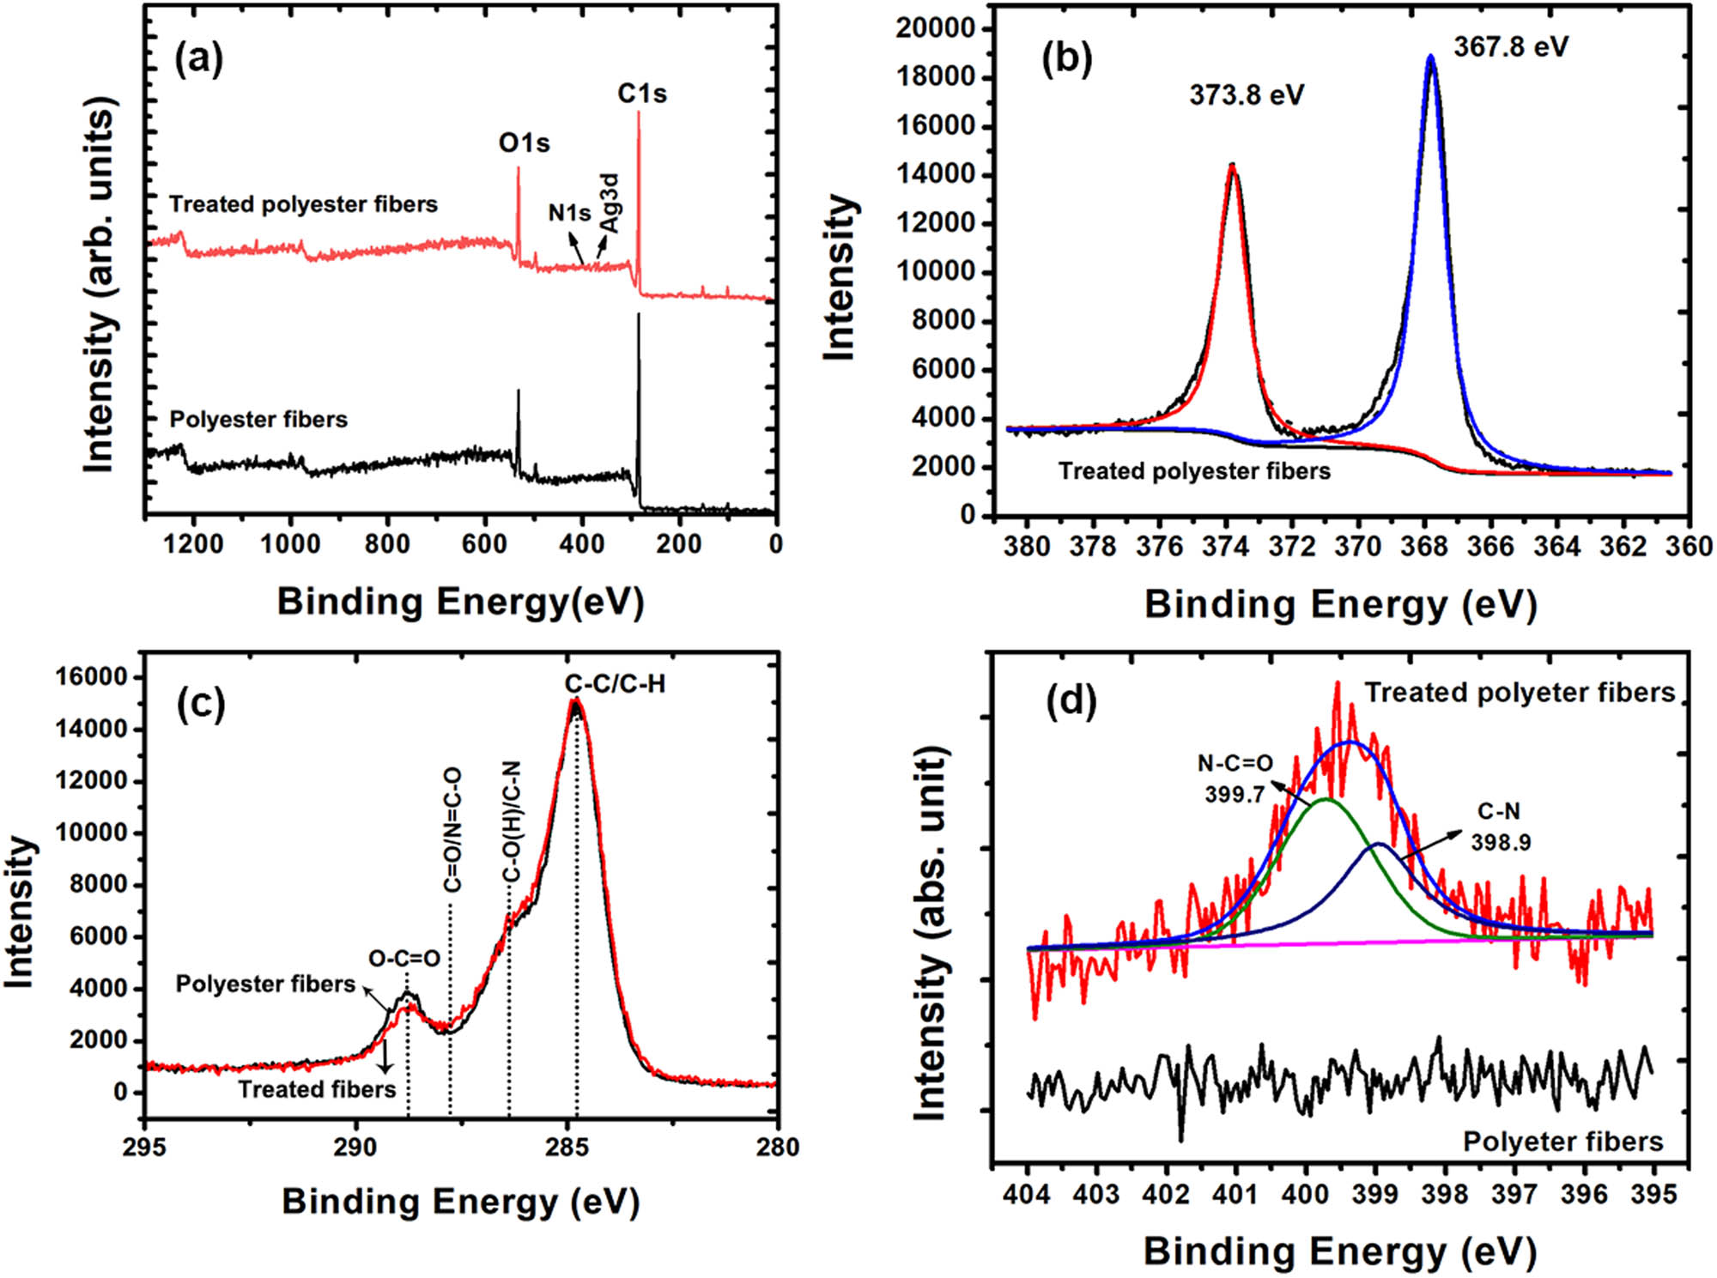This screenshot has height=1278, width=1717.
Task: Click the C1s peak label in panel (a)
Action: [x=642, y=94]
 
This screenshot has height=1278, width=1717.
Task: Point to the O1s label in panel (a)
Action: [x=524, y=142]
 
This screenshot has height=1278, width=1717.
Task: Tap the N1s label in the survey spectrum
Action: [x=569, y=212]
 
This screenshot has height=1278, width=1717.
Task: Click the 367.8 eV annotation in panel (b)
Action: [x=1511, y=46]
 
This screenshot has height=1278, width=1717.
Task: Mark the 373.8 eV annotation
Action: [x=1247, y=94]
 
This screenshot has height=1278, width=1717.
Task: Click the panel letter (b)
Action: [x=1066, y=59]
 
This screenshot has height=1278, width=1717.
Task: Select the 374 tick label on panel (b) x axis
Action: [x=1226, y=546]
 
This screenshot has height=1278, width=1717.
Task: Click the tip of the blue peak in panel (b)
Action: [x=1430, y=57]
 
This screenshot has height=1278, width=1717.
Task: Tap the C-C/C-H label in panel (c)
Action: [x=615, y=684]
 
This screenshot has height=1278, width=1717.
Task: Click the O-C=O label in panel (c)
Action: [x=404, y=958]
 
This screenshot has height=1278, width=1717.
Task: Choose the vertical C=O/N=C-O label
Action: [x=452, y=830]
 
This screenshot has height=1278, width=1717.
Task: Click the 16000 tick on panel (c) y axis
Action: [x=91, y=677]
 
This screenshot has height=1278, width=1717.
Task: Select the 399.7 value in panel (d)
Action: [x=1235, y=795]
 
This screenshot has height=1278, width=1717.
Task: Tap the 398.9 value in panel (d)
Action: [x=1501, y=842]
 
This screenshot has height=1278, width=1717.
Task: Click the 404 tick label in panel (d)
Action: [x=1028, y=1195]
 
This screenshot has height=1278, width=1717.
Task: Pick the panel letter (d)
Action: [x=1071, y=701]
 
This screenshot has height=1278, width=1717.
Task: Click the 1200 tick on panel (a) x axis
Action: [x=194, y=543]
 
